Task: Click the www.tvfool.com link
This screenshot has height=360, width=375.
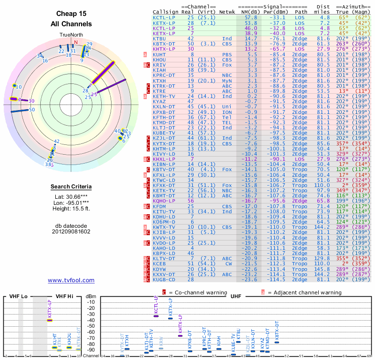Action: pos(71,280)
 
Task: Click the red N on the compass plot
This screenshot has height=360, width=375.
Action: pos(75,41)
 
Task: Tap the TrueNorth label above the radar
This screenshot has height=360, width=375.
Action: pos(71,35)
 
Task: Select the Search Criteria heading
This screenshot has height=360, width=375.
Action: pos(71,187)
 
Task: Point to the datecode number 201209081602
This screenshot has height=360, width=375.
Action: pos(71,231)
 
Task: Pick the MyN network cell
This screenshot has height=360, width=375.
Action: pos(227,81)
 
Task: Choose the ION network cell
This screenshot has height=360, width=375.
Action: pos(227,112)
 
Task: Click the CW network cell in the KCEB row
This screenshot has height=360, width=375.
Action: pos(227,263)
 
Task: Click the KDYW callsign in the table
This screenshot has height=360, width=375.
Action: pos(159,269)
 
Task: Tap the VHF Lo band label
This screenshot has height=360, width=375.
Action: pos(18,297)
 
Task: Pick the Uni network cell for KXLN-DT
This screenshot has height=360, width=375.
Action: pos(227,107)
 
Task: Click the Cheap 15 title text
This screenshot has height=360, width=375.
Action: pos(71,14)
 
